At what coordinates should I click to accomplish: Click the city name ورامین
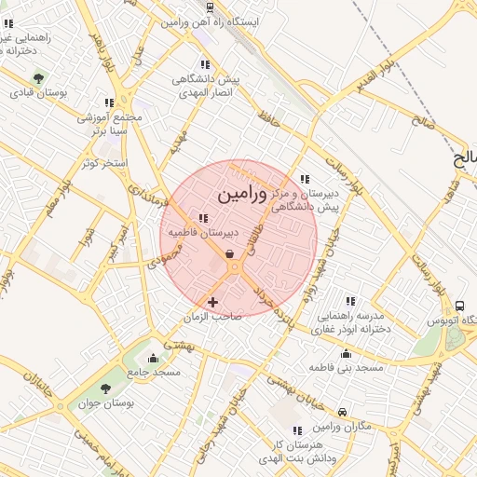pyautogui.click(x=241, y=195)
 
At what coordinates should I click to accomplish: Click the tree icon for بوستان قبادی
pyautogui.click(x=38, y=78)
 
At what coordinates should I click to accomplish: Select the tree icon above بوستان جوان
pyautogui.click(x=104, y=388)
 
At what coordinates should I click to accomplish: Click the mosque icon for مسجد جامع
pyautogui.click(x=154, y=358)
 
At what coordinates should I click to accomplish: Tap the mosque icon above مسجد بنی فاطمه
pyautogui.click(x=347, y=354)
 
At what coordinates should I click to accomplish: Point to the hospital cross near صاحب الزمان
pyautogui.click(x=213, y=302)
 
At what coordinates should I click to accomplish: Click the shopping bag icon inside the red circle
pyautogui.click(x=229, y=252)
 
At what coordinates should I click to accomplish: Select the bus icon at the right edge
pyautogui.click(x=459, y=307)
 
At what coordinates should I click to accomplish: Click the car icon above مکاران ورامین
pyautogui.click(x=343, y=412)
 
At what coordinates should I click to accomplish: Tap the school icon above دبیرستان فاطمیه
pyautogui.click(x=203, y=219)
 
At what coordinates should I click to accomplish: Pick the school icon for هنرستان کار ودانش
pyautogui.click(x=296, y=430)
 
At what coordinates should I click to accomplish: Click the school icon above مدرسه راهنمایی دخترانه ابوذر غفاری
pyautogui.click(x=350, y=301)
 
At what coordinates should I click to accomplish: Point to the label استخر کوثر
pyautogui.click(x=103, y=163)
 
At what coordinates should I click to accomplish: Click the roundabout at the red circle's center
pyautogui.click(x=236, y=267)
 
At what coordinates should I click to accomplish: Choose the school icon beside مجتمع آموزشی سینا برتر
pyautogui.click(x=110, y=102)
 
